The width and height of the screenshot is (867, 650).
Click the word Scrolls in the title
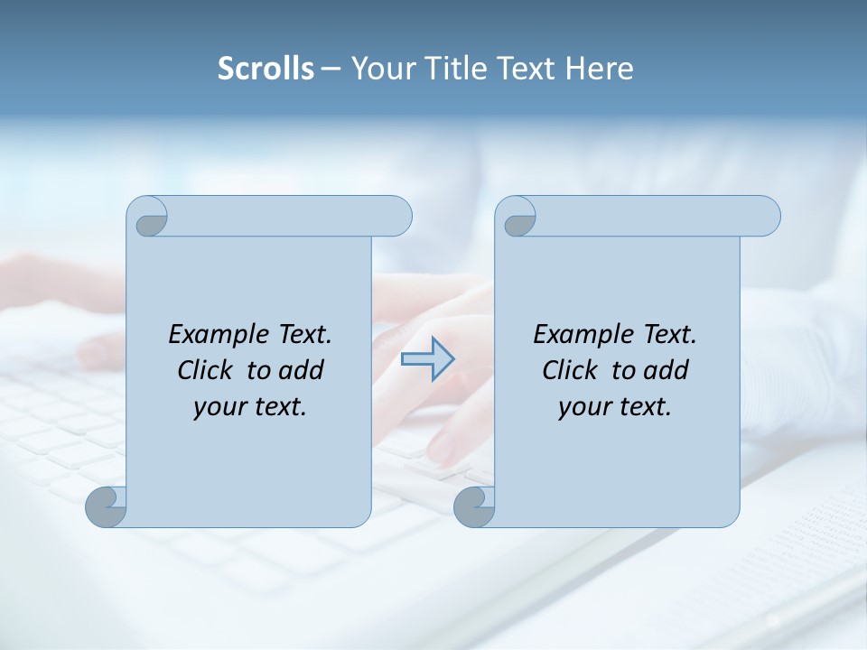click(x=266, y=69)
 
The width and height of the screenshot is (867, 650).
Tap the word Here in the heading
click(x=599, y=69)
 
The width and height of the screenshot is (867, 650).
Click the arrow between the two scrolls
click(x=427, y=359)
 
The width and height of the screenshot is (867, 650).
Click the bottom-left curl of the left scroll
click(x=106, y=507)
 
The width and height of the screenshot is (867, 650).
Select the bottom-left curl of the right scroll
click(x=474, y=507)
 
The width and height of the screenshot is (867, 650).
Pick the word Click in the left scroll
click(x=205, y=370)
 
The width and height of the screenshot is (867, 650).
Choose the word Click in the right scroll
click(x=570, y=370)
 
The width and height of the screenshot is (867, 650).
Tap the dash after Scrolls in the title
click(x=331, y=69)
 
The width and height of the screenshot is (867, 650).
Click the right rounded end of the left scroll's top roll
click(x=397, y=216)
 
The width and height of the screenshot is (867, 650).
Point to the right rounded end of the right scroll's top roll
click(x=766, y=216)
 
